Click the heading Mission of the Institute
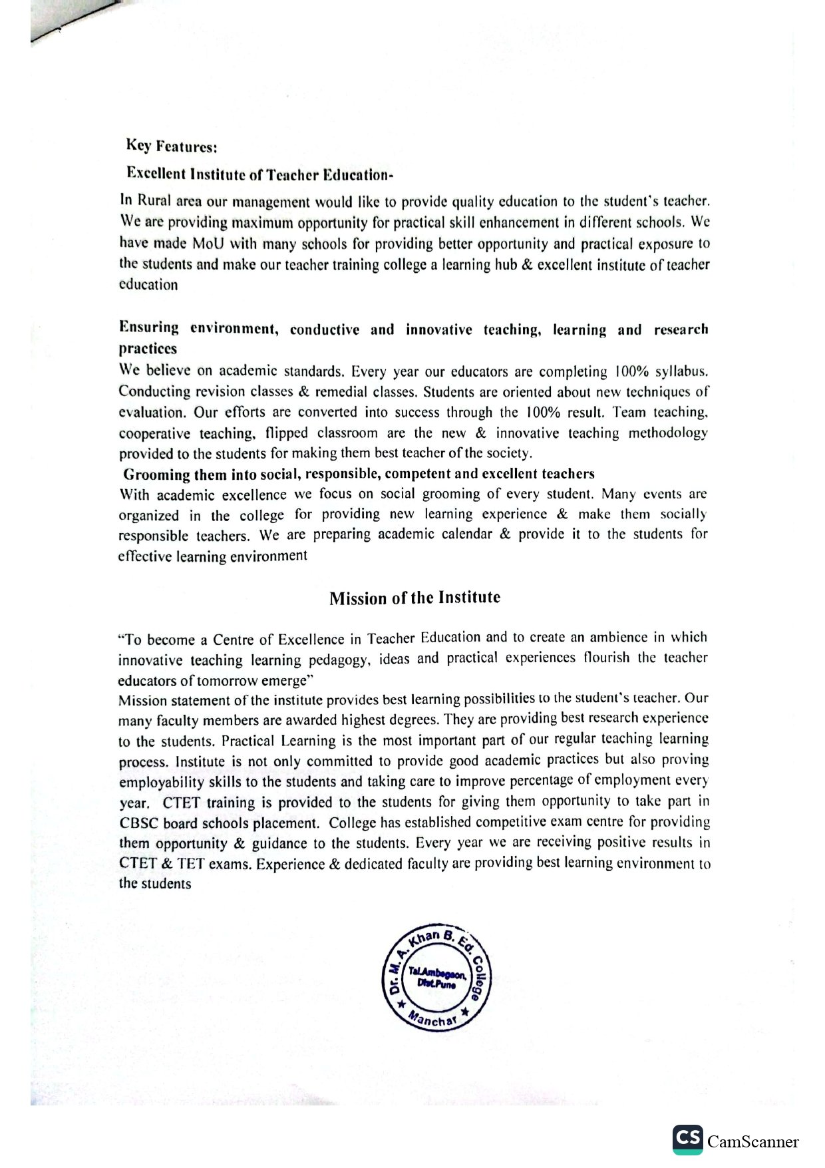(x=414, y=598)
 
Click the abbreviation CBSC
(x=138, y=823)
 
